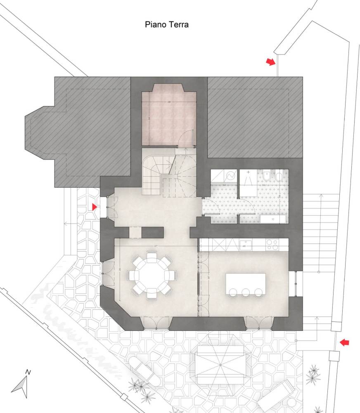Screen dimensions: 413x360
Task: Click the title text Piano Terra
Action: (166, 25)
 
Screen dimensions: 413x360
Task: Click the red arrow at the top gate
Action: (270, 62)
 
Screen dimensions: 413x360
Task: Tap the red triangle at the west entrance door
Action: (95, 206)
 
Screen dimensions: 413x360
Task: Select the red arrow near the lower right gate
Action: (343, 342)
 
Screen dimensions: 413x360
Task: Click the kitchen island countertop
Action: (246, 283)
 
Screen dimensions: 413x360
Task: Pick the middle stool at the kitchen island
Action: (246, 293)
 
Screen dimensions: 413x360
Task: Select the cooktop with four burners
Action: (272, 245)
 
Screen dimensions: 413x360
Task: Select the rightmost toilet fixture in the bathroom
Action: (279, 177)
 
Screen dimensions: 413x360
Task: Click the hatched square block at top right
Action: (255, 118)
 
